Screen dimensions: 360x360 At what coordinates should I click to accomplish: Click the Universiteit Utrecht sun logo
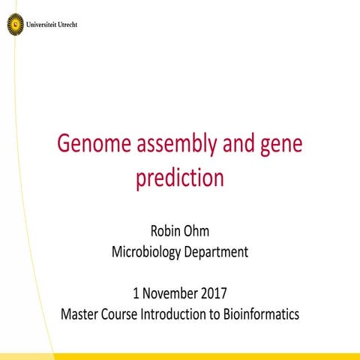[x=15, y=25]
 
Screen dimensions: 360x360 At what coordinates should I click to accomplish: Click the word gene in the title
[x=280, y=145]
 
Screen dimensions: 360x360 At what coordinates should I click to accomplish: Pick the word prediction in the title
[x=180, y=179]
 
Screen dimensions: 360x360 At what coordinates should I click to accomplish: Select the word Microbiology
[x=145, y=252]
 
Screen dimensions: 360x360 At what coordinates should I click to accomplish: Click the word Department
[x=214, y=252]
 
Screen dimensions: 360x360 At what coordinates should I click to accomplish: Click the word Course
[x=123, y=313]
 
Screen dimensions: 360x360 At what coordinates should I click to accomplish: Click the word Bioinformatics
[x=259, y=313]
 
